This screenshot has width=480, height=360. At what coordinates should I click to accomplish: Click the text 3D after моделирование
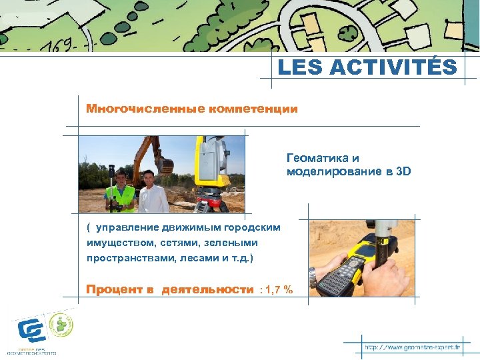(x=404, y=171)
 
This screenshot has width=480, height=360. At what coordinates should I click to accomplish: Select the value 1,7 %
(x=279, y=289)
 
